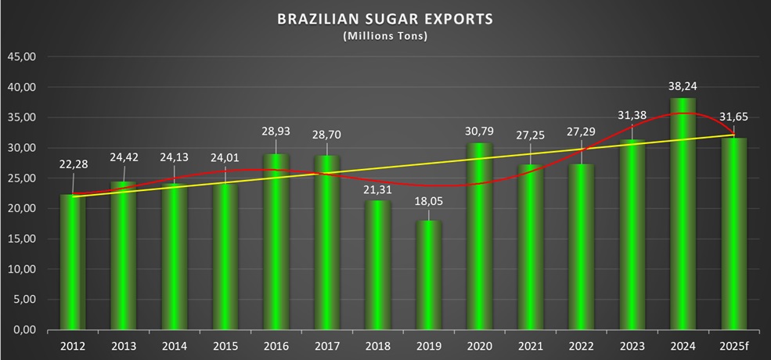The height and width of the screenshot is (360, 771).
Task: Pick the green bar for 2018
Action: click(x=376, y=266)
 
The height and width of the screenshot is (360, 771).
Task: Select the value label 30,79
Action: click(x=480, y=129)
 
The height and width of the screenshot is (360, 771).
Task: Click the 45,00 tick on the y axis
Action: click(x=23, y=57)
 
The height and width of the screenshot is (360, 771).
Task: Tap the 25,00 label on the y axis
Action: click(x=23, y=178)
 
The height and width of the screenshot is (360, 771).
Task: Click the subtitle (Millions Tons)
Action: click(x=385, y=36)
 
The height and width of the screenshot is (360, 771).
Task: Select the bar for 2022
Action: click(x=580, y=247)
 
